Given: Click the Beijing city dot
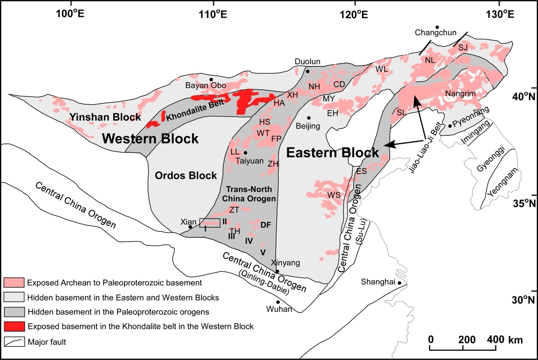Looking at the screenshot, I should pos(309,118).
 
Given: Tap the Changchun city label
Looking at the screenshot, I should pos(430,32).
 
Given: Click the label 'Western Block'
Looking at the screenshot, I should pos(150,138).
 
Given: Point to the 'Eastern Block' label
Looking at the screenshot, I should pos(333,153).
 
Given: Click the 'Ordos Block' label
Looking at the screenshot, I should pos(186,175).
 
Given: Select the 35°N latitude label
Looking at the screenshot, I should pos(521,204).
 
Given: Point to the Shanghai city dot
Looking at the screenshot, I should pos(400,283).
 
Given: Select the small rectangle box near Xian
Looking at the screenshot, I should pos(210,223).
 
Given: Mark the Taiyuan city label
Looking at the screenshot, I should pos(249,160).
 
